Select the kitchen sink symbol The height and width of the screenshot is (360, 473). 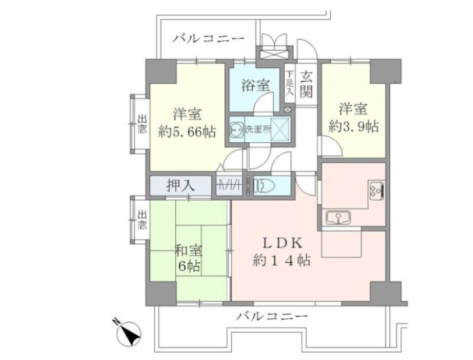(337, 217)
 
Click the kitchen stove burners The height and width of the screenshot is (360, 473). (377, 190)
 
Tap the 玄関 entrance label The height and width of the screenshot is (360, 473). (306, 83)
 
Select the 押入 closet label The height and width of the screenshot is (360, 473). (181, 185)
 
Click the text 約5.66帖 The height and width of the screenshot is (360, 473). (187, 132)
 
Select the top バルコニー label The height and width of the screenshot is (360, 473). (208, 39)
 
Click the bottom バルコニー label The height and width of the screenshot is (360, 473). (272, 316)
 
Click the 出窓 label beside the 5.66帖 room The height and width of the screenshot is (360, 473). (141, 125)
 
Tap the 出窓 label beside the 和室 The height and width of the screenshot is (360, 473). (141, 220)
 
